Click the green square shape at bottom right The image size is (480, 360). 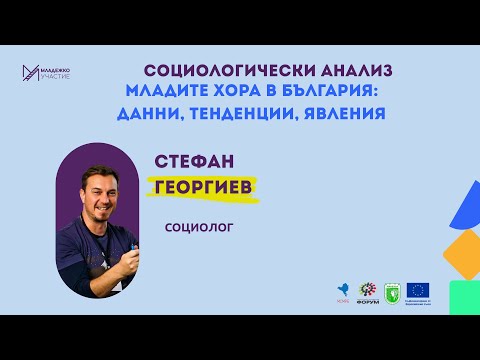465,297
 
